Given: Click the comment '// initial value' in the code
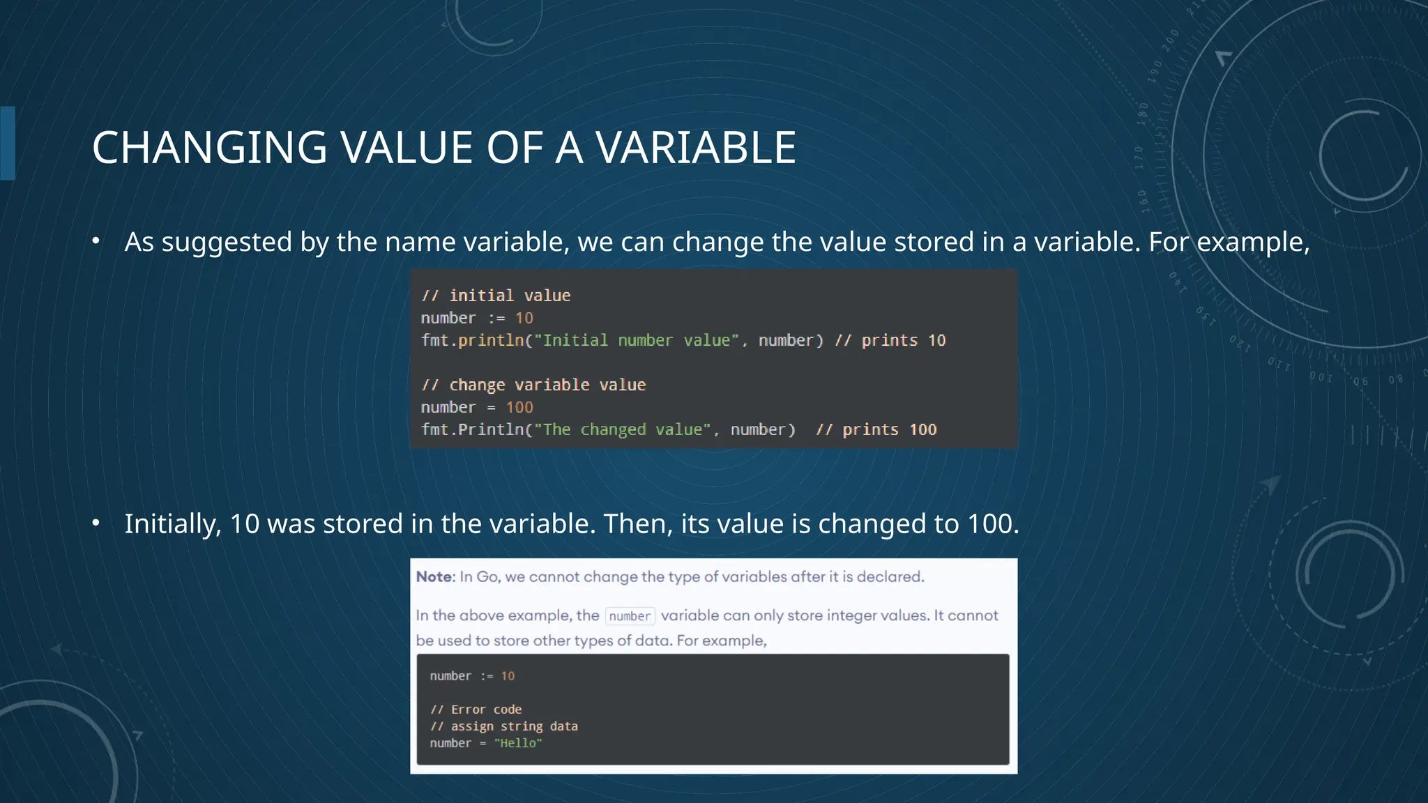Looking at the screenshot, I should [496, 296].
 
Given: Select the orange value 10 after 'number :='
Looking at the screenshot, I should [524, 318].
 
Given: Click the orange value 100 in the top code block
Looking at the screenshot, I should [519, 407].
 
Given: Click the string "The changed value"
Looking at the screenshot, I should [622, 429].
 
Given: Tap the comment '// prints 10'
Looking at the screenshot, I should [890, 340].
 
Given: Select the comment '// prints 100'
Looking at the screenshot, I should [876, 429].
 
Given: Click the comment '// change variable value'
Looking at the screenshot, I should [533, 385].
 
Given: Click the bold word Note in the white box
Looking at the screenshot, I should [434, 576].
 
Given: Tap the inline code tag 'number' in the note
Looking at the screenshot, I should [630, 616].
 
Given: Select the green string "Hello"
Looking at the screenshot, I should [517, 743].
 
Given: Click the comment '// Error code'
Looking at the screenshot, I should [476, 710].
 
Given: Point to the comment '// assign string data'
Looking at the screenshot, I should [503, 726].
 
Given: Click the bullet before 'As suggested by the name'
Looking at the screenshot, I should [96, 242].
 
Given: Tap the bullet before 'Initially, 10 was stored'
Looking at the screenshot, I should [96, 523].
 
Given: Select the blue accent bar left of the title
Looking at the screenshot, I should [8, 143].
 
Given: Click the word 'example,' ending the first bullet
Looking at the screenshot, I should [1253, 243].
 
